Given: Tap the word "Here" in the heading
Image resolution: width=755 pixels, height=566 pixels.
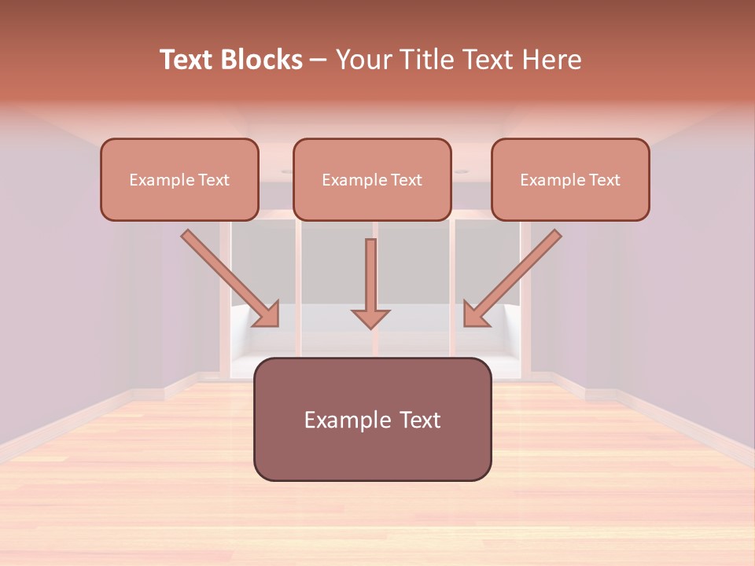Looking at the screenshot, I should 553,60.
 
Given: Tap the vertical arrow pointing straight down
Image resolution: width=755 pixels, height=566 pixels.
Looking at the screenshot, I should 370,275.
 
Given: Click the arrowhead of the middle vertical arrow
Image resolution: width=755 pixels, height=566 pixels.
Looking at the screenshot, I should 370,318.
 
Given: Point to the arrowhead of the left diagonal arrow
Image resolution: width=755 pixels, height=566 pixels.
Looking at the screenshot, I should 268,314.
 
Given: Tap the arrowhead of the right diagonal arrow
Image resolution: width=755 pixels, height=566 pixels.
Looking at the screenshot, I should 474,314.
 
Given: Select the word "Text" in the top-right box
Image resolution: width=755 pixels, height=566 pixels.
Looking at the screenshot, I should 604,180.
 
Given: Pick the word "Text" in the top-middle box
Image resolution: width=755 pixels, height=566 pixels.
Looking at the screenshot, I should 406,180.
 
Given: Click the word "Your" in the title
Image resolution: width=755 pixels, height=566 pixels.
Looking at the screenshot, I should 363,60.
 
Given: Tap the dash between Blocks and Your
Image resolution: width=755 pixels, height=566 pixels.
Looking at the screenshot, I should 319,60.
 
